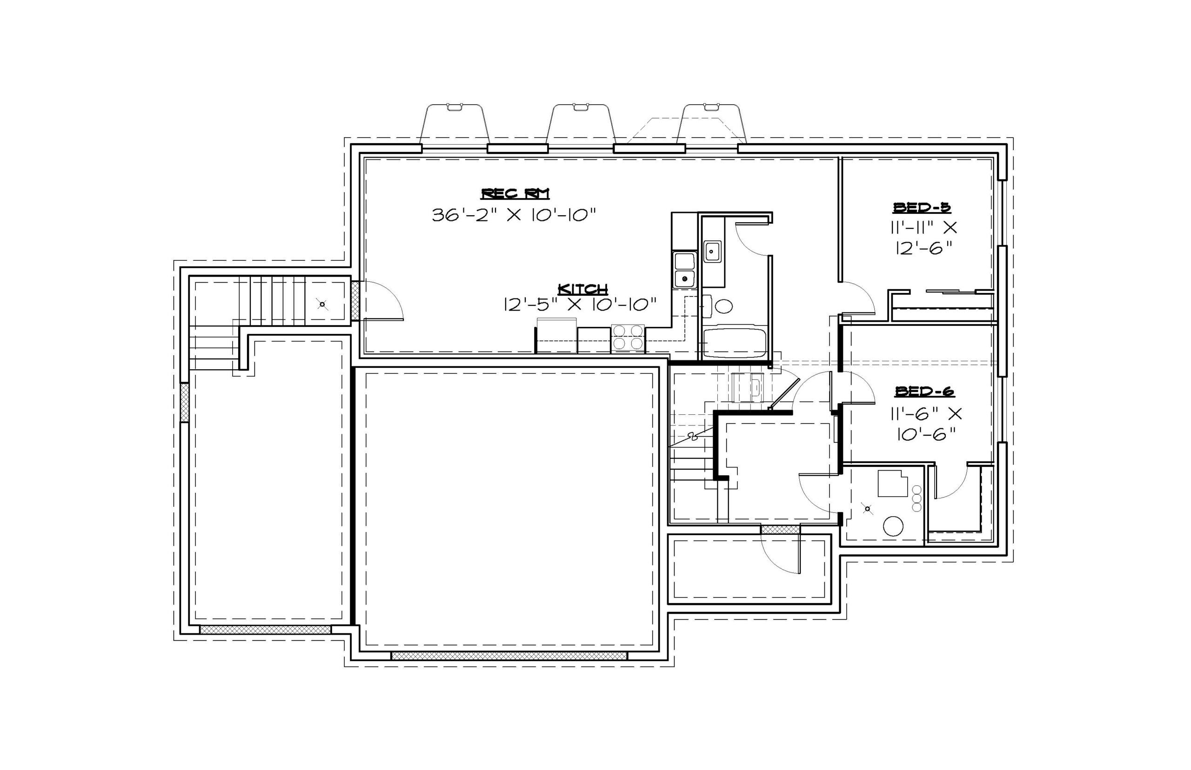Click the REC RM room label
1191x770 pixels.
[515, 194]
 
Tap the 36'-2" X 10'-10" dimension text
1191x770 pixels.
[514, 215]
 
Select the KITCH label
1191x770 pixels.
[583, 290]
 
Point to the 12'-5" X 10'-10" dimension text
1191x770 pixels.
[580, 305]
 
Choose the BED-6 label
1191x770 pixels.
[924, 392]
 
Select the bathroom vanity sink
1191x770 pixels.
[712, 251]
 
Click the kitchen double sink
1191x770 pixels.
[684, 270]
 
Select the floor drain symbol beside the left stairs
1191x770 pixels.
[322, 304]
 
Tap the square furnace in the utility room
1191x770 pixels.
[892, 483]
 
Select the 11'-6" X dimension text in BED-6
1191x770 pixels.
[925, 414]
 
